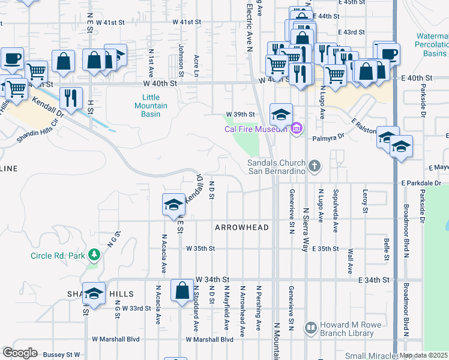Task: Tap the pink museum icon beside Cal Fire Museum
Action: click(297, 128)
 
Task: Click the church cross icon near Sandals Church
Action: click(315, 165)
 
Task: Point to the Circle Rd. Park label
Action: click(58, 256)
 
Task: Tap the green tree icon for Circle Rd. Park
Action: click(94, 256)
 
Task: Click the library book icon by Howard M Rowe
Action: click(310, 328)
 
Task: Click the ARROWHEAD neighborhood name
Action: click(241, 228)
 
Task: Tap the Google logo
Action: click(20, 352)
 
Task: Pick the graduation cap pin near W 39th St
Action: click(280, 114)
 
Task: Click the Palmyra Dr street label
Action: click(327, 137)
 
